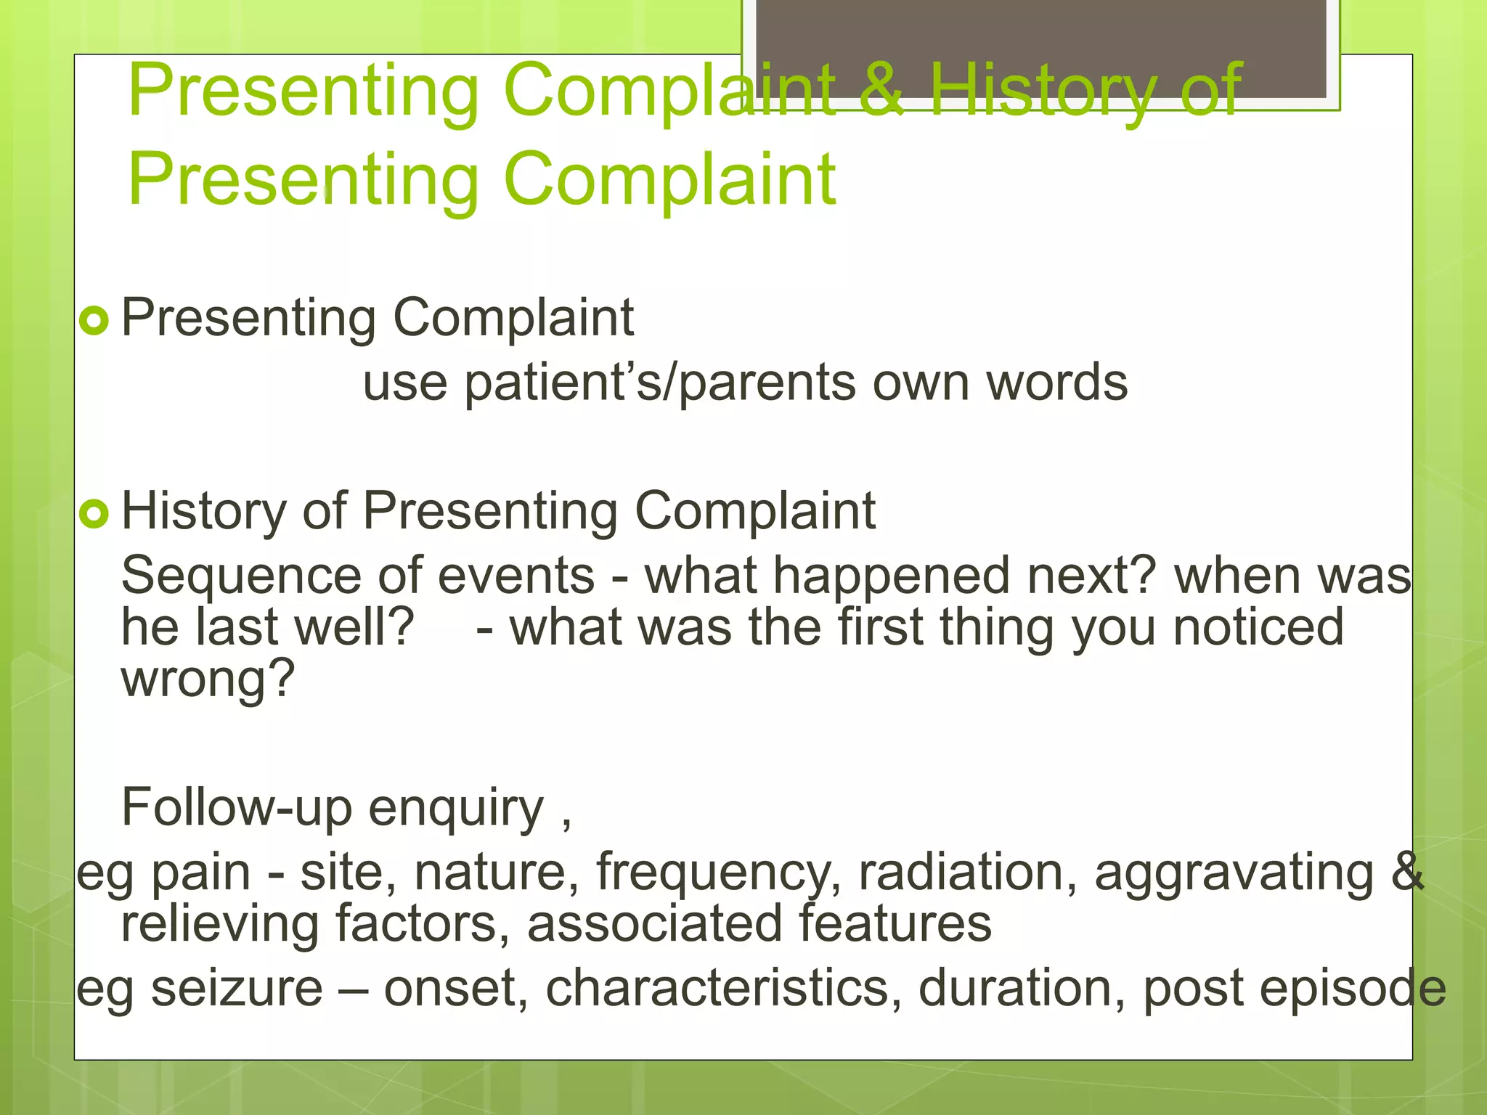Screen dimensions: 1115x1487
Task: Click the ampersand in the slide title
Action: click(881, 91)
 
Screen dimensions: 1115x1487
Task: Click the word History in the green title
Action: click(1043, 91)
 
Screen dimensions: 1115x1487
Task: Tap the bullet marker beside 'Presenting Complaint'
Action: click(94, 320)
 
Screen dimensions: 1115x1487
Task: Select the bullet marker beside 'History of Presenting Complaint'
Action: click(94, 514)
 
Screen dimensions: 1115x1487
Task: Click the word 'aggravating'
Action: click(1234, 873)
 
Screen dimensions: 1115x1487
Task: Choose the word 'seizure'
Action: click(237, 989)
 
